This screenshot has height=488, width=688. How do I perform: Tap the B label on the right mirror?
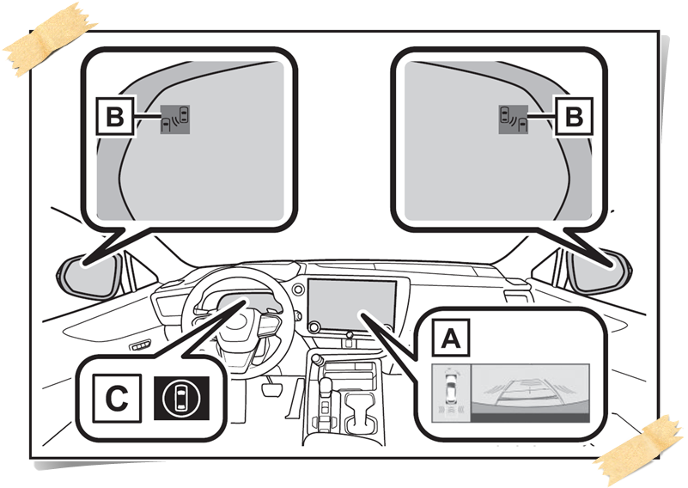570,118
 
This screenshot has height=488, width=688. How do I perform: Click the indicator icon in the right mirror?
513,119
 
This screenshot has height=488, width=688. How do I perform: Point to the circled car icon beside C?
179,398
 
